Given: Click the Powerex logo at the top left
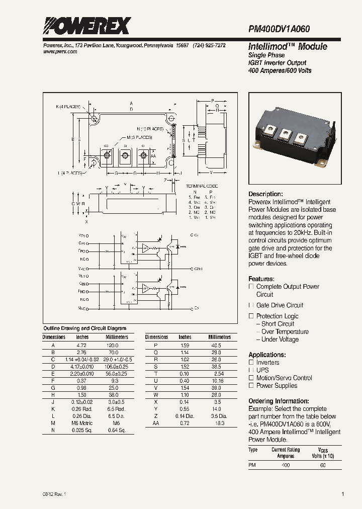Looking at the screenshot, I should point(86,26).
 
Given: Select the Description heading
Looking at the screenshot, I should point(265,194).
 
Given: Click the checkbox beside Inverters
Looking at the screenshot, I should point(251,363).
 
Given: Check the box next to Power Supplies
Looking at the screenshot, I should point(251,386).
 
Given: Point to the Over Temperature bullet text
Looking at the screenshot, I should point(285,332).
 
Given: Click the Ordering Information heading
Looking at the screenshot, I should point(279,401).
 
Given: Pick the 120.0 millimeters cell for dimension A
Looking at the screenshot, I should point(113,346).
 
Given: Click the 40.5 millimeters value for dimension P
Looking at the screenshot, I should point(216,346).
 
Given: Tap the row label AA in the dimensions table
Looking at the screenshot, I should point(156,424).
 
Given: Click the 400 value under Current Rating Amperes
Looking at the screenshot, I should point(286,465).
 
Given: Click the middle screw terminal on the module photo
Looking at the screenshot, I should point(286,133).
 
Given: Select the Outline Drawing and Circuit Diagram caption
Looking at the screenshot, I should point(84,328).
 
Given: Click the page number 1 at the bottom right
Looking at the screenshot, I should point(343,494).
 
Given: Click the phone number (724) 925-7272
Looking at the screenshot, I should point(209,45).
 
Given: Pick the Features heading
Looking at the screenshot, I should point(261,279).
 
